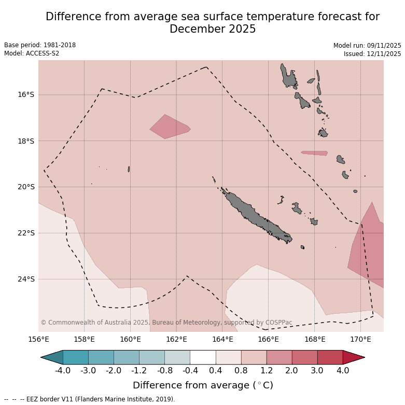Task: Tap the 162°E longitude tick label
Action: tap(176, 340)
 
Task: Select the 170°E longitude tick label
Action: tap(360, 340)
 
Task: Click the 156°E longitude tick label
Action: tap(38, 340)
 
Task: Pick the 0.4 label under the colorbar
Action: tap(216, 370)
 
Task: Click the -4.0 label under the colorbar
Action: tap(63, 370)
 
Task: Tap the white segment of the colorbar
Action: tap(203, 357)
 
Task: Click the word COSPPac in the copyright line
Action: tap(279, 323)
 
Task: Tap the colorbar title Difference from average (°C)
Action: tap(203, 385)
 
